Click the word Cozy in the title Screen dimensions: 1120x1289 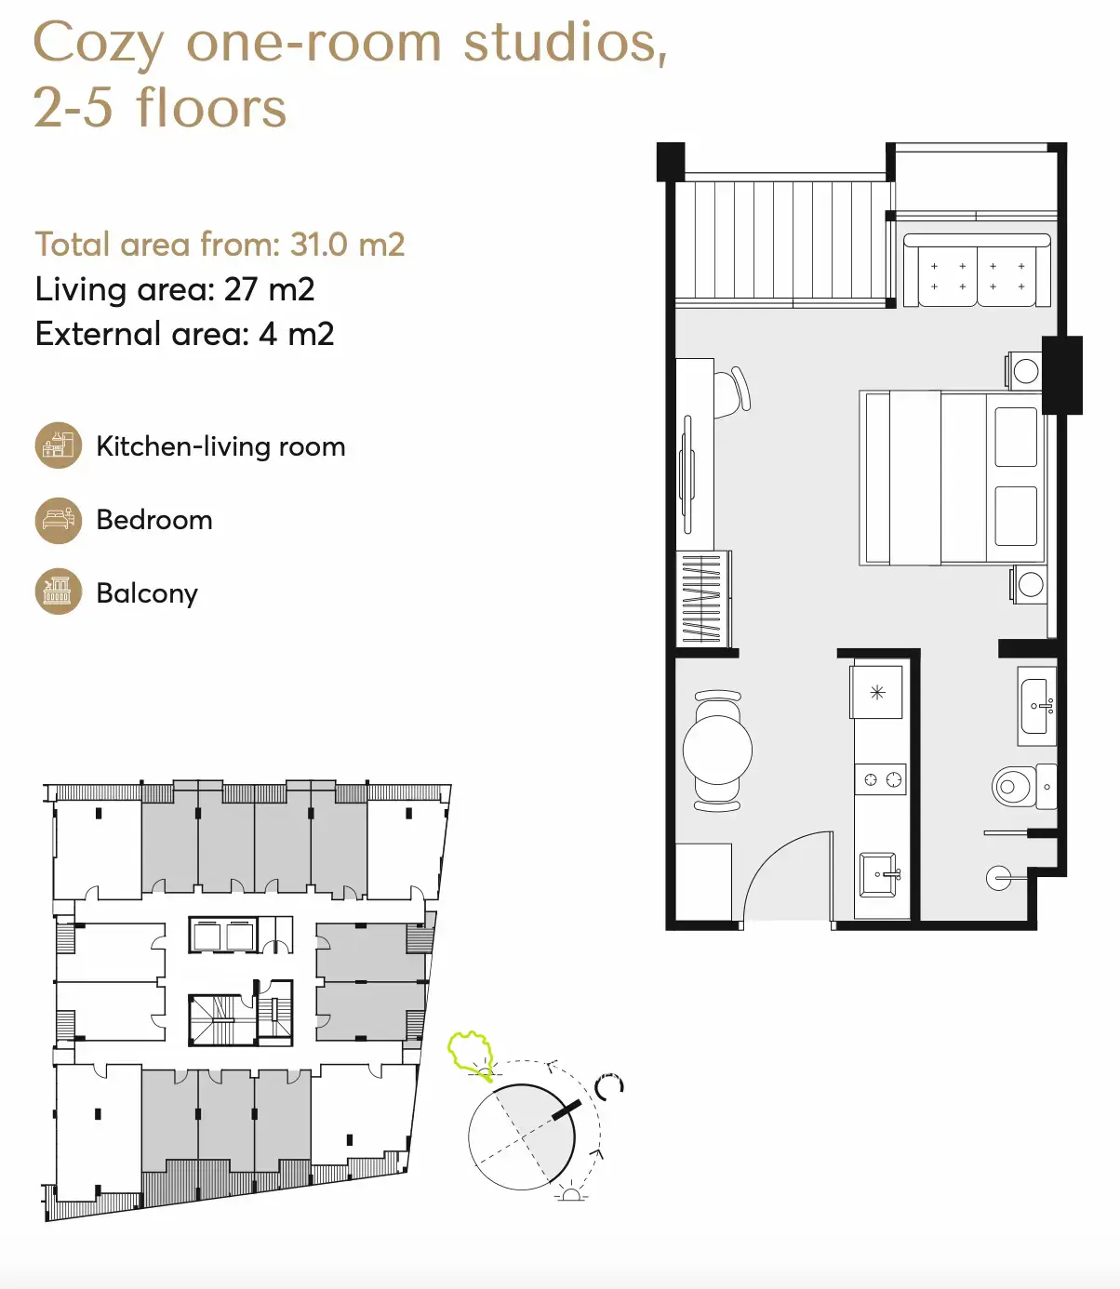point(99,43)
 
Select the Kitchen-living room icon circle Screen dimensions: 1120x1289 point(58,445)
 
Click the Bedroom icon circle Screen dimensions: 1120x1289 point(58,520)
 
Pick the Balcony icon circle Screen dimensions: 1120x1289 point(58,591)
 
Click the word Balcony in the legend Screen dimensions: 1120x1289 point(147,593)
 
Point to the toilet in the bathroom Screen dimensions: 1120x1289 point(1023,786)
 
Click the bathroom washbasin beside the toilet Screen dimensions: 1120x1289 point(1037,706)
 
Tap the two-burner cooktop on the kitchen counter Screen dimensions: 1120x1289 point(881,780)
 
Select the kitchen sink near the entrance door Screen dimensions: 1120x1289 point(879,874)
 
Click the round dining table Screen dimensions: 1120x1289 point(717,751)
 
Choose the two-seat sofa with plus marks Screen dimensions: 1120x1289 point(977,271)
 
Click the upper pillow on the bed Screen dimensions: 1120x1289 point(1016,436)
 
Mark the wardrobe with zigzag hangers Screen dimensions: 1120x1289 point(703,599)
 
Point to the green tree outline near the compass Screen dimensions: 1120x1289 point(471,1055)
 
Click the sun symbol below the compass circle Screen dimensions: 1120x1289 point(571,1194)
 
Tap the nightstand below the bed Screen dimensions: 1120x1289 point(1029,585)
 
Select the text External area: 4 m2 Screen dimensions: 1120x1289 point(184,334)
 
